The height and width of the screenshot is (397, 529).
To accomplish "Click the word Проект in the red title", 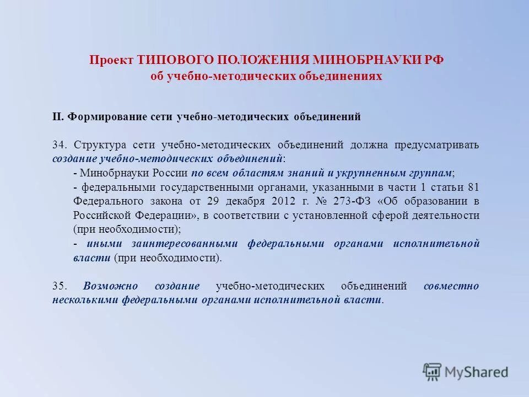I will [112, 60].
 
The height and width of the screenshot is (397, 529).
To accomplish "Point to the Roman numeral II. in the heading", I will [59, 117].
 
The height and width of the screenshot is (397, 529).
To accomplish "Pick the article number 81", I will [473, 187].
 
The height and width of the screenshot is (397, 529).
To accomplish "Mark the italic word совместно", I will [451, 286].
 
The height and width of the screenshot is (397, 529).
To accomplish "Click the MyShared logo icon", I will [432, 372].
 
